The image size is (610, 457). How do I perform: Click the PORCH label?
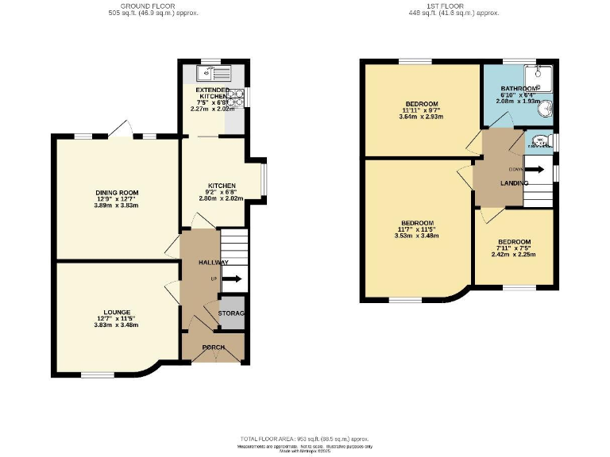click(x=212, y=348)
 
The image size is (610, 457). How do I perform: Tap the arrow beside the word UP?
click(x=233, y=278)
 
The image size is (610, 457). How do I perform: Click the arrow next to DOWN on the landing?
click(x=535, y=169)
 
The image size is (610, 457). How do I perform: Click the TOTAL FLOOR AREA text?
click(x=304, y=439)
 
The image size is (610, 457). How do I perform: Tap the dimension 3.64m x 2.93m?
click(x=422, y=117)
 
